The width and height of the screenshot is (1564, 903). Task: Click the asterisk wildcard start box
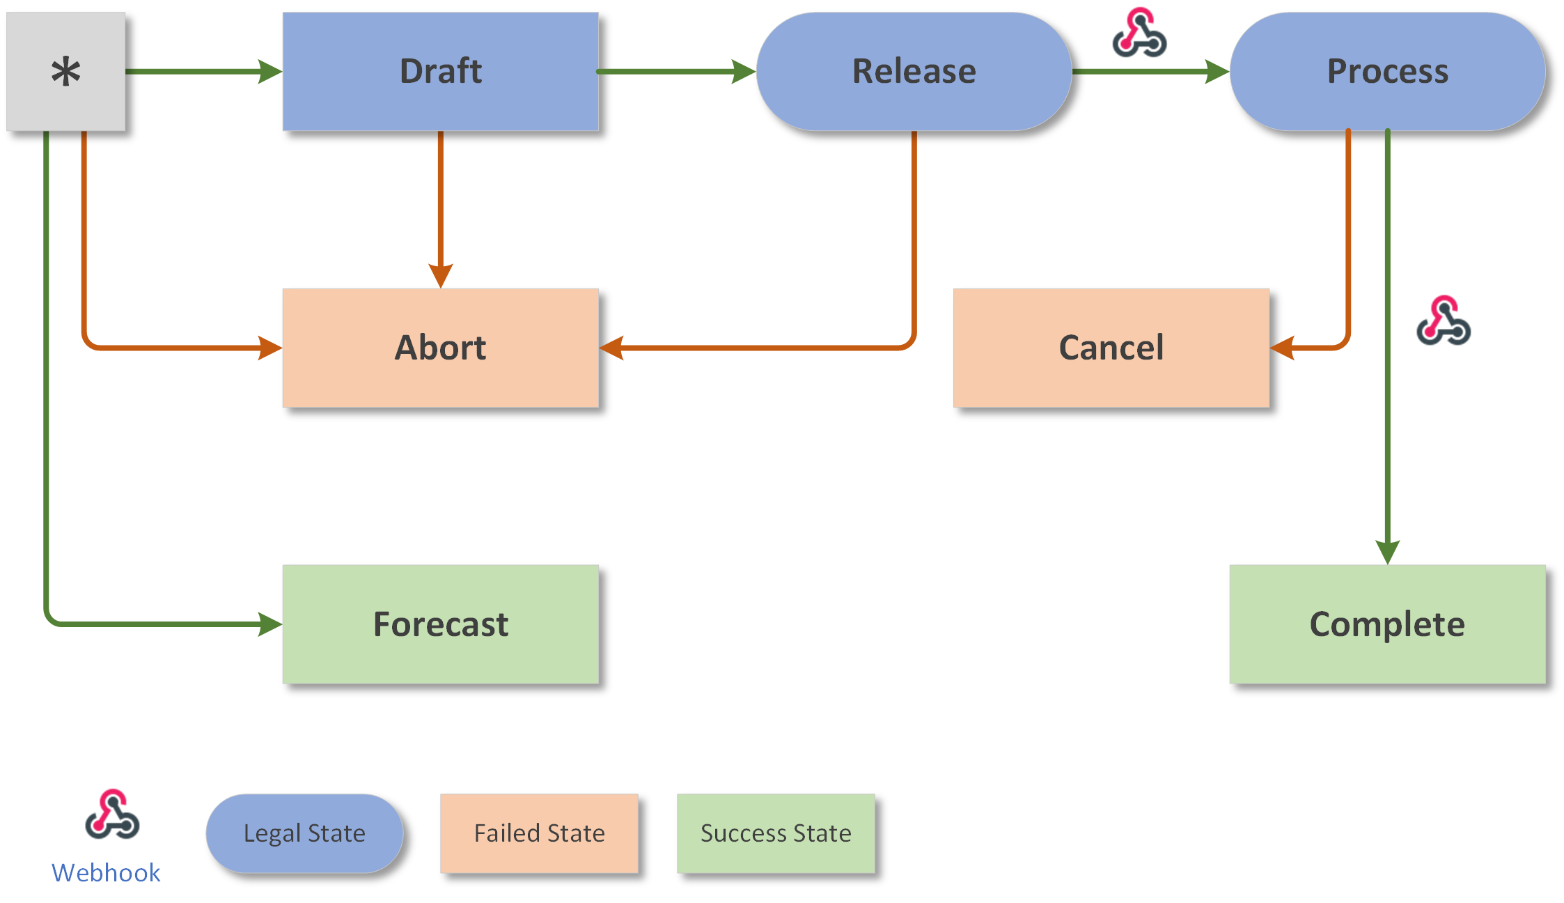pyautogui.click(x=66, y=71)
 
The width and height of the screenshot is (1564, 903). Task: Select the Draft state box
pyautogui.click(x=440, y=71)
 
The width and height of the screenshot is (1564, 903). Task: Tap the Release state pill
pyautogui.click(x=914, y=71)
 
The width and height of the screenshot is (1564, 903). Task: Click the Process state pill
pyautogui.click(x=1387, y=71)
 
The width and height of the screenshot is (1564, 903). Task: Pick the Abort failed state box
pyautogui.click(x=440, y=348)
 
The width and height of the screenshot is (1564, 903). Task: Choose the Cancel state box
pyautogui.click(x=1111, y=348)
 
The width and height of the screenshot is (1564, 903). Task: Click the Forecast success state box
pyautogui.click(x=440, y=624)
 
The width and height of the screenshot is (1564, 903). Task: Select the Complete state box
pyautogui.click(x=1387, y=624)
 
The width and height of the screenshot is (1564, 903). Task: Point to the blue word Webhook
pyautogui.click(x=106, y=872)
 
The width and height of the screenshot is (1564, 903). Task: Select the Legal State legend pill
pyautogui.click(x=304, y=833)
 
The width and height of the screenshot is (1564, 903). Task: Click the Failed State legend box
pyautogui.click(x=539, y=833)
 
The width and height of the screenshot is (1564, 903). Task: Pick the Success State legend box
pyautogui.click(x=776, y=833)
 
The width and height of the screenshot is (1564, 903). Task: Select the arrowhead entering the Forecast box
pyautogui.click(x=269, y=624)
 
